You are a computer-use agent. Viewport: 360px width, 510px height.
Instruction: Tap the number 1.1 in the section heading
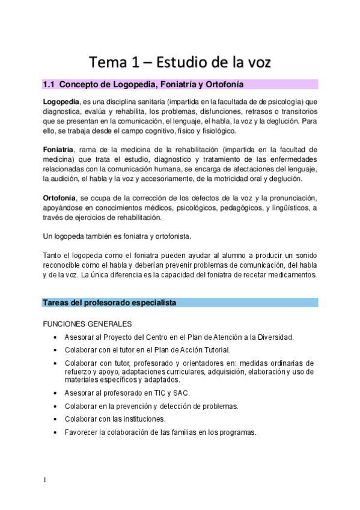(49, 84)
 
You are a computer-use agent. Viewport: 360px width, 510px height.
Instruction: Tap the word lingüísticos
(287, 208)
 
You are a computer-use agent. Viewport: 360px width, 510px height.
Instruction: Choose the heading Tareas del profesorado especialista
(109, 303)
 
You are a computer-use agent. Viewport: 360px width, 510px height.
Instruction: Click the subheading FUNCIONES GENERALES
(87, 324)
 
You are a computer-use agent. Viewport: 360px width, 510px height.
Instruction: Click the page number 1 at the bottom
(44, 480)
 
